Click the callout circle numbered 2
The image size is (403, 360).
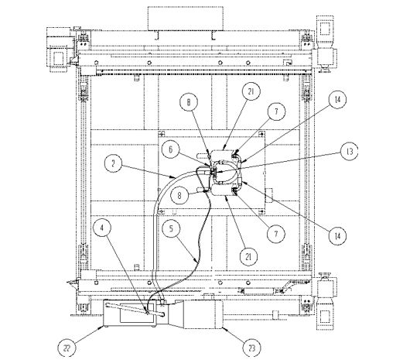coord(113,163)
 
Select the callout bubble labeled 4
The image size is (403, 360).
coord(102,228)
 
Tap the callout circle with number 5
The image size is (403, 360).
coord(171,228)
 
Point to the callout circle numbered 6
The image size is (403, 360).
coord(170,149)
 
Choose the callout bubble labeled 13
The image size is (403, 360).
coord(350,151)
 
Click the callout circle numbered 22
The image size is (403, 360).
coord(67,348)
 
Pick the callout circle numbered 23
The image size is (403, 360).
coord(251,348)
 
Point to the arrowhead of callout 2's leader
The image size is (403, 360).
coord(175,177)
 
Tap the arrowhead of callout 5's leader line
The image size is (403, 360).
coord(198,262)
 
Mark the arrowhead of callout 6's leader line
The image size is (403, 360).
coord(211,166)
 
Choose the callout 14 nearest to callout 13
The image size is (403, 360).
coord(337,99)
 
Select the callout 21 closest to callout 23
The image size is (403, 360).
coord(248,256)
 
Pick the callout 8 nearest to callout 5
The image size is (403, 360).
coord(179,195)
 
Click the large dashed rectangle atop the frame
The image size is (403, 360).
coord(186,19)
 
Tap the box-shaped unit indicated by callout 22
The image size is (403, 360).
coord(129,314)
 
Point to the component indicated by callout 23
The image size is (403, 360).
coord(203,314)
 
